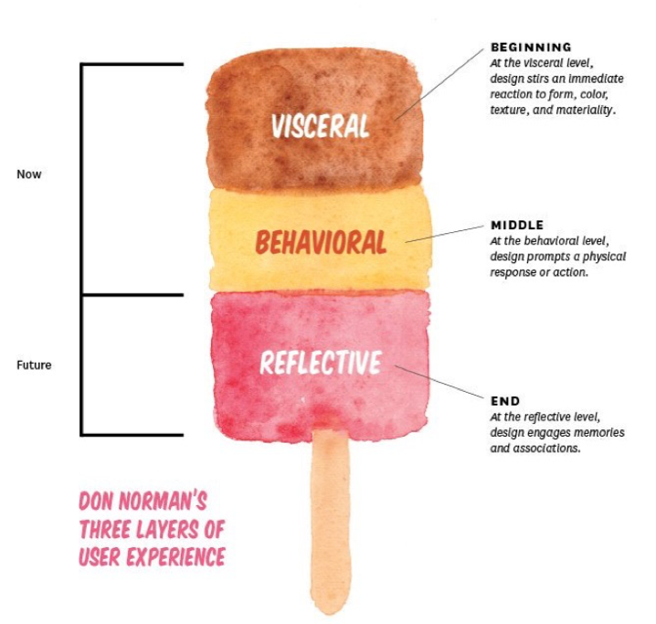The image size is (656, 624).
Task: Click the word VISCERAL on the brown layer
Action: (x=320, y=125)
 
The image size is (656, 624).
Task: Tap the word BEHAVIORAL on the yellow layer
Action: (x=320, y=242)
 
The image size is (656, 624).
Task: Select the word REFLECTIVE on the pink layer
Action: (x=320, y=363)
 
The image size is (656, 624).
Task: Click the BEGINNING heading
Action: (x=531, y=47)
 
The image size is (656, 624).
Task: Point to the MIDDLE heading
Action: (x=517, y=225)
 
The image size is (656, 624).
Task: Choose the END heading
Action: (x=505, y=401)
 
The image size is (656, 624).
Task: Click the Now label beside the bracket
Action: (x=29, y=174)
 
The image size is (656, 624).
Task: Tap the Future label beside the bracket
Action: (x=34, y=365)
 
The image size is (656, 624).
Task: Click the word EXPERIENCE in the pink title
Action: (x=169, y=555)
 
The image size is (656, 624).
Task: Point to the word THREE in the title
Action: (x=111, y=529)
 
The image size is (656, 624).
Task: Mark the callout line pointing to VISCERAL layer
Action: (x=443, y=82)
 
